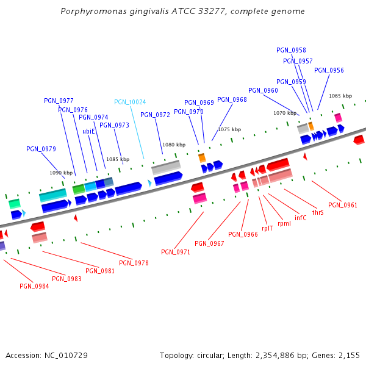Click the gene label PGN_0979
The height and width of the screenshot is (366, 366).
tap(41, 149)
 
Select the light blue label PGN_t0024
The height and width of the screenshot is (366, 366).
tap(130, 102)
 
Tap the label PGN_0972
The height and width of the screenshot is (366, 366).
tap(155, 115)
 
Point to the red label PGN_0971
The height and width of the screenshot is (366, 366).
tap(176, 252)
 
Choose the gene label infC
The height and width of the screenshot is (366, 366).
tap(301, 218)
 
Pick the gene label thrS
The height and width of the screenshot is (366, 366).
tap(318, 213)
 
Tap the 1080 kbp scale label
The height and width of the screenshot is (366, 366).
tap(174, 145)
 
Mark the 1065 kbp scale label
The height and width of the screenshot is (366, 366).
tap(340, 96)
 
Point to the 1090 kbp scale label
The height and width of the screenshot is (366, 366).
tap(61, 173)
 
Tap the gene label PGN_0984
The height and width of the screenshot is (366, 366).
tap(34, 286)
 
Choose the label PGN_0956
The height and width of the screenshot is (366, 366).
tap(329, 70)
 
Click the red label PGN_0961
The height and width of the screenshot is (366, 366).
tap(342, 205)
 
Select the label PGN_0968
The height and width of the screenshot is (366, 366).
tap(232, 99)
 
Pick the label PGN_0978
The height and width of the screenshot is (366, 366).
tap(134, 263)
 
